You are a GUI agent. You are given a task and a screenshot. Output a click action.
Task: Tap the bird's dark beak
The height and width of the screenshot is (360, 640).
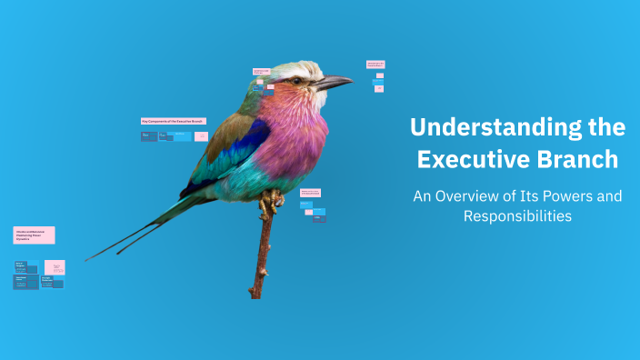pyautogui.click(x=335, y=83)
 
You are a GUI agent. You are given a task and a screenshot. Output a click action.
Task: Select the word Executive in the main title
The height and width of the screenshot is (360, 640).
pyautogui.click(x=477, y=159)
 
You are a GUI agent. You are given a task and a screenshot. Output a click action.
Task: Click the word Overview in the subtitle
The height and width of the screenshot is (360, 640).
pyautogui.click(x=478, y=195)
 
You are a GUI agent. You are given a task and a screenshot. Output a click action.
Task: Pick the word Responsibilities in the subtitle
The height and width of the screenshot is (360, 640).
pyautogui.click(x=516, y=216)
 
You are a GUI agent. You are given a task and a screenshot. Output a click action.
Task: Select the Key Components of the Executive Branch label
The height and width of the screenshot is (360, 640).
pyautogui.click(x=173, y=121)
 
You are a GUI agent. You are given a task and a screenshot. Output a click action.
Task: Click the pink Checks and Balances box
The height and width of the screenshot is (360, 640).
pyautogui.click(x=34, y=235)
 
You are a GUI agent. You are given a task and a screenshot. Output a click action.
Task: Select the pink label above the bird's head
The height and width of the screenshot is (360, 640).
pyautogui.click(x=261, y=72)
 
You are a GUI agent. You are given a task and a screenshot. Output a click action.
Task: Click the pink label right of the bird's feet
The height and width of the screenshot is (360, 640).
pyautogui.click(x=310, y=192)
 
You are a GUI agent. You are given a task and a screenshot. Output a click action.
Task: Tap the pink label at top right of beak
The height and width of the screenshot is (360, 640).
pyautogui.click(x=375, y=65)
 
